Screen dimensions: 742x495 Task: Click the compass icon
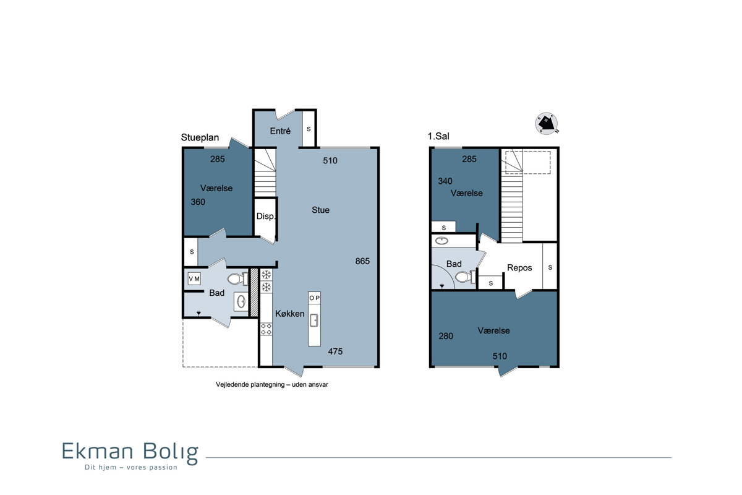click(x=546, y=123)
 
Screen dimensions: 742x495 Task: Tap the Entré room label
click(x=280, y=131)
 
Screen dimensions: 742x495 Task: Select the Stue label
click(x=320, y=210)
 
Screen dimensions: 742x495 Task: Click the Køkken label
click(x=290, y=313)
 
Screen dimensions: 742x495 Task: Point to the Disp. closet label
click(x=266, y=216)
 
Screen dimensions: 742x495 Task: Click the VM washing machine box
click(x=194, y=279)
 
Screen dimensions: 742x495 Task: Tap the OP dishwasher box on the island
click(x=314, y=298)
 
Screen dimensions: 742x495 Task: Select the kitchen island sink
click(x=314, y=321)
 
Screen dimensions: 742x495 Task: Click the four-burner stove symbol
click(x=266, y=329)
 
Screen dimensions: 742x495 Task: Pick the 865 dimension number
click(x=362, y=261)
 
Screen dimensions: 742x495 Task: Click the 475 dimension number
click(x=335, y=351)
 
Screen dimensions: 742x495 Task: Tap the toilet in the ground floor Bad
click(x=238, y=278)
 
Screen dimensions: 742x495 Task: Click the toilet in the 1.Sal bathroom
click(x=466, y=276)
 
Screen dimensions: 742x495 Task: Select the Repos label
click(x=519, y=268)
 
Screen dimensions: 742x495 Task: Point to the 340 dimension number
click(x=445, y=181)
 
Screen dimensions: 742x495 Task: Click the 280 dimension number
click(x=446, y=336)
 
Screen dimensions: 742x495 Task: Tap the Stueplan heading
click(x=200, y=137)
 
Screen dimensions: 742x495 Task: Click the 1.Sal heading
click(x=438, y=136)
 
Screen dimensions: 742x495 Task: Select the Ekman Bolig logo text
click(x=130, y=452)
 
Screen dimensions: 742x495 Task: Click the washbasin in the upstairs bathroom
click(x=441, y=240)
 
